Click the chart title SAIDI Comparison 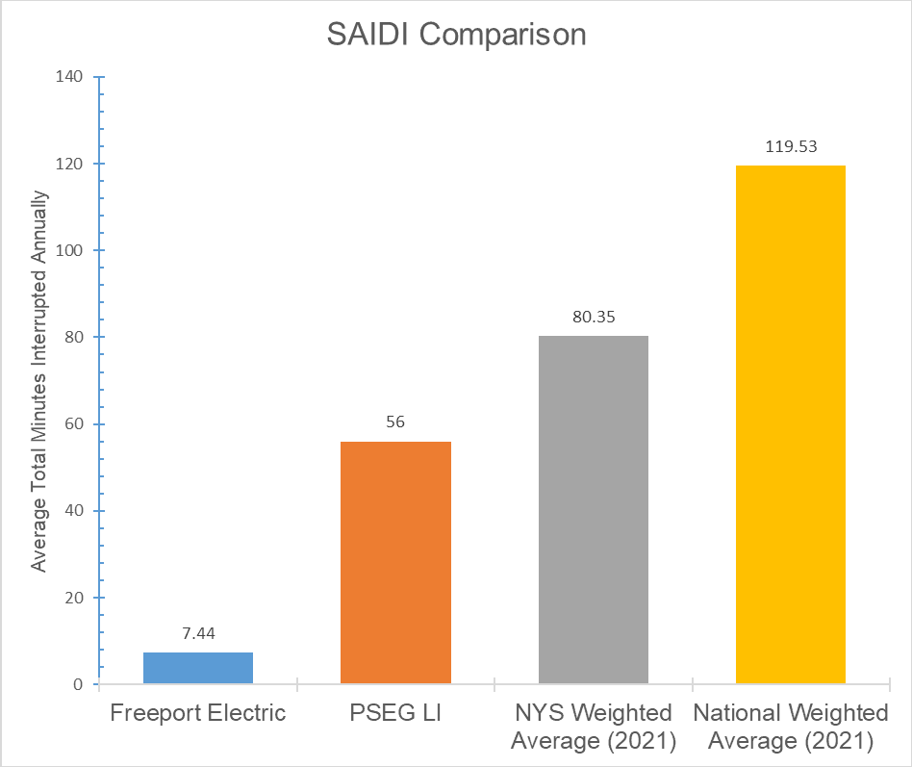(455, 36)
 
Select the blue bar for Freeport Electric (198, 668)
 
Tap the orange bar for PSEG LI (395, 563)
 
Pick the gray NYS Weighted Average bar (593, 510)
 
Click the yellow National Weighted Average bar (791, 424)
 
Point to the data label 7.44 (198, 635)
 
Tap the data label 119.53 (791, 147)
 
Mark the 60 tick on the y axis (74, 424)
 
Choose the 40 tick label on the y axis (74, 511)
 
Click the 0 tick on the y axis (78, 684)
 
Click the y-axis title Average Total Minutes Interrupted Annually (38, 380)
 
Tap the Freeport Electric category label (198, 713)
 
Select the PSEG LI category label (395, 713)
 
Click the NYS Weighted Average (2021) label (593, 727)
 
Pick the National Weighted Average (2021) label (791, 727)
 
